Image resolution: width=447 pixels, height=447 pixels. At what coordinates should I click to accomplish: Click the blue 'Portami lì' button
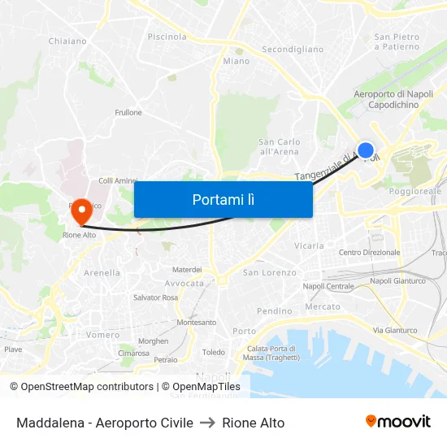223,199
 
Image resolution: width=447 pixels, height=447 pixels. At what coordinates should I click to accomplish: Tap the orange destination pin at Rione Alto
81,212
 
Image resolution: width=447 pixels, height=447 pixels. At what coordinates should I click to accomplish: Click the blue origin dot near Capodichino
366,150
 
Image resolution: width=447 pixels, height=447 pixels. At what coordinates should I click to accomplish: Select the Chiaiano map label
67,41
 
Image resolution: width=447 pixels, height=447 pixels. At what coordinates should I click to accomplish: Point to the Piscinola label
167,37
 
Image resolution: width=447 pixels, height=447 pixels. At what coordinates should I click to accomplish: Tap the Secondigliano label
293,50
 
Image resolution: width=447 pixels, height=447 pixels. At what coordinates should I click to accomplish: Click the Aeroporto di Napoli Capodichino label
393,99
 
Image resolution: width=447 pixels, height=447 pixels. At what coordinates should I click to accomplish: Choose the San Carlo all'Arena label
279,146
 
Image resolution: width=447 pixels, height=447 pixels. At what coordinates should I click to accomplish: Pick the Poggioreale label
415,191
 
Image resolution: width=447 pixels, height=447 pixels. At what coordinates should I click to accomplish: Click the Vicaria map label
309,245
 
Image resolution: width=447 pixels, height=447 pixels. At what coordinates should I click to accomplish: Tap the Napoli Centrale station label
328,286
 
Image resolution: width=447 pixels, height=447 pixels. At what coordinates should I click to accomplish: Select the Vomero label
102,335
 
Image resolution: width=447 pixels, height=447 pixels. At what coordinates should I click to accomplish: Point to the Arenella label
102,273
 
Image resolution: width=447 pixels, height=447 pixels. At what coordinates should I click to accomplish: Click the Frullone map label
128,113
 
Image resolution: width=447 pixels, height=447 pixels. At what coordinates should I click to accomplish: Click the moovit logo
397,421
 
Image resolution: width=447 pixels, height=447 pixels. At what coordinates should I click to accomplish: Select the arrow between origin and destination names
207,423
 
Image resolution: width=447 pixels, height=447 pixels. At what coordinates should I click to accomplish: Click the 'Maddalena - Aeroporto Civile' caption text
105,423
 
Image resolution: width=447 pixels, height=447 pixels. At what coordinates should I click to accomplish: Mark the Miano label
237,61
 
